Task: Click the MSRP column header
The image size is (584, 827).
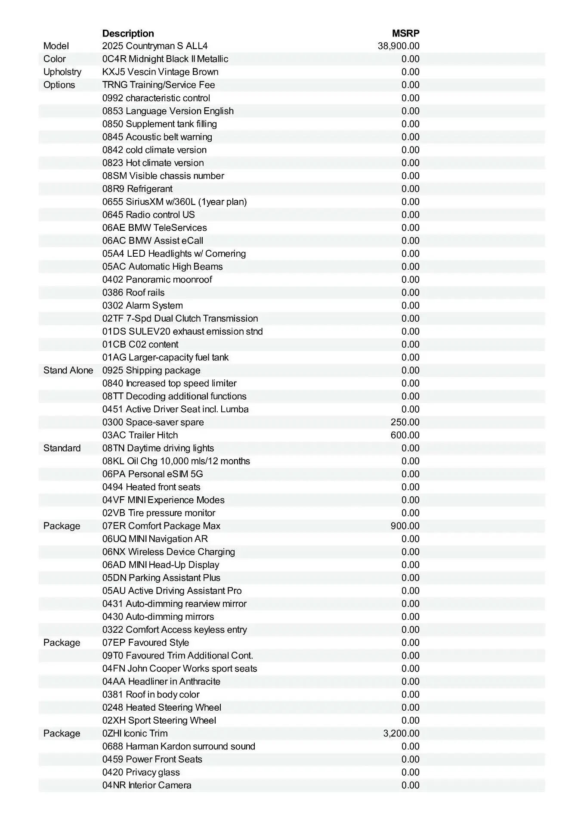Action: click(405, 33)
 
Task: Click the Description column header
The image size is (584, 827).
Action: click(128, 33)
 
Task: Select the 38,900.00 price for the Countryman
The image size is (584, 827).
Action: click(399, 46)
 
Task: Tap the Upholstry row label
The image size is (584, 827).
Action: click(62, 72)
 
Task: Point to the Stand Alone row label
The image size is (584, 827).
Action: click(68, 370)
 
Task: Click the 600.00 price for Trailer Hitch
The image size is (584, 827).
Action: click(405, 435)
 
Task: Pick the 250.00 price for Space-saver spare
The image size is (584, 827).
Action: click(405, 422)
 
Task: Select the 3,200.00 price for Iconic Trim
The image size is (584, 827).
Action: click(401, 733)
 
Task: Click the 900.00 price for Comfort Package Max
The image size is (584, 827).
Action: click(405, 526)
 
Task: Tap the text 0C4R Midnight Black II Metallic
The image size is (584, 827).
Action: click(165, 59)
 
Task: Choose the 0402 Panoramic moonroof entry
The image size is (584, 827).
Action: click(157, 280)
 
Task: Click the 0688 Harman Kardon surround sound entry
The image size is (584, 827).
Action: click(179, 746)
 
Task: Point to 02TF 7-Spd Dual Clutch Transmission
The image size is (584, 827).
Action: click(180, 318)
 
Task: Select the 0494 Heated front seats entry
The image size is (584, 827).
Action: click(151, 487)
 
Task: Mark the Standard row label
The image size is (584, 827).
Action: click(62, 448)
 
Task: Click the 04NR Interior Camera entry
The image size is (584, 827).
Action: click(147, 785)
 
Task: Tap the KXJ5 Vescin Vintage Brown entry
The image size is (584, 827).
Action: click(160, 72)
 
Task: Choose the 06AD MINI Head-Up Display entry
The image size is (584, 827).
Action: click(161, 565)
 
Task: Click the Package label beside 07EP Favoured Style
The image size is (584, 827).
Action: click(62, 643)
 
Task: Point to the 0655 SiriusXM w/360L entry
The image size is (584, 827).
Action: click(174, 202)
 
